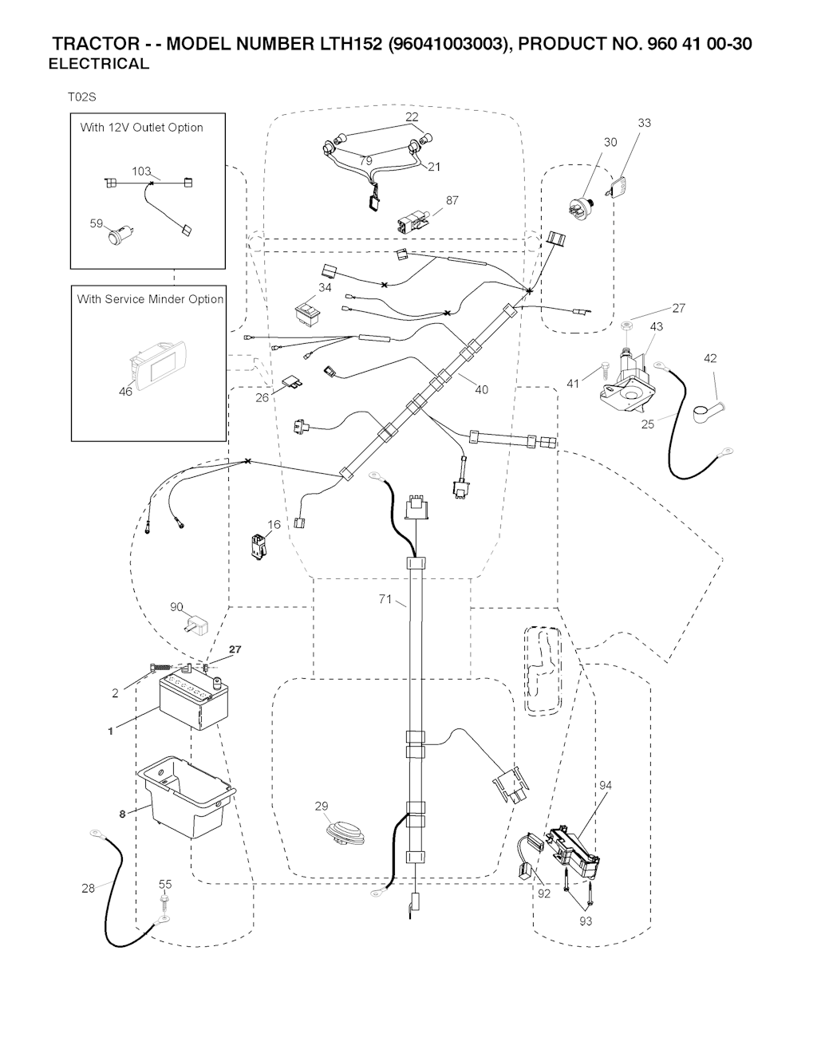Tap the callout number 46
pos(126,392)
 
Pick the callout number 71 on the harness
pos(385,599)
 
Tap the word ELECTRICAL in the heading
pos(99,65)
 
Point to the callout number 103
pos(141,172)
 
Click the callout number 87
pos(452,201)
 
